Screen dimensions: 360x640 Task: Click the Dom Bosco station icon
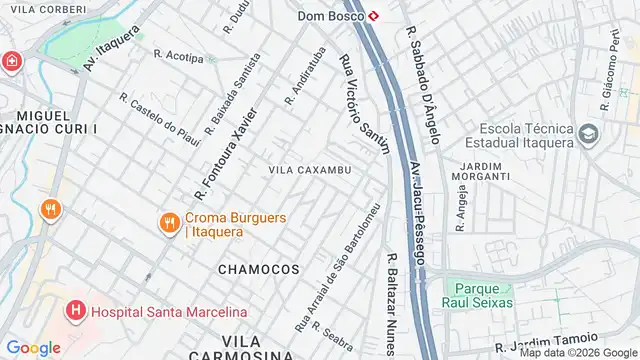(x=372, y=16)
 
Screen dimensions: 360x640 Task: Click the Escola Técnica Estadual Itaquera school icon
(x=589, y=132)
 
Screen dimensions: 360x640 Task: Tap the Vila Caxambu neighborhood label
(x=309, y=170)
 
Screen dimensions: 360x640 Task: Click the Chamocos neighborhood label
(x=258, y=269)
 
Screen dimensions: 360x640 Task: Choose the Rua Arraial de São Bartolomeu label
(x=337, y=267)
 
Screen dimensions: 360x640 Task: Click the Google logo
(x=34, y=347)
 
